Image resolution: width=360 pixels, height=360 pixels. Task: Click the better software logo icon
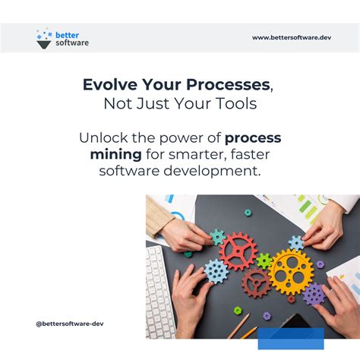pyautogui.click(x=44, y=38)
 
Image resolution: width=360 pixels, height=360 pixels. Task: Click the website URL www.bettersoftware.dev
pyautogui.click(x=292, y=37)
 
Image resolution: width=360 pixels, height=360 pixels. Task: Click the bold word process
pyautogui.click(x=253, y=138)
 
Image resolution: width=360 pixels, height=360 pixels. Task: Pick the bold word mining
pyautogui.click(x=115, y=155)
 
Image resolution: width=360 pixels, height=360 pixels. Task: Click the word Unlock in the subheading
pyautogui.click(x=102, y=138)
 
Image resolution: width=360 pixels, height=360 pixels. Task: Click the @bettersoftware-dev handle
pyautogui.click(x=70, y=324)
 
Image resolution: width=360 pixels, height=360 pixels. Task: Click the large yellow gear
pyautogui.click(x=290, y=270)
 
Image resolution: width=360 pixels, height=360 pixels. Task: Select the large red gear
pyautogui.click(x=238, y=251)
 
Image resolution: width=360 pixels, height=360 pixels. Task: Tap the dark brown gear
pyautogui.click(x=256, y=283)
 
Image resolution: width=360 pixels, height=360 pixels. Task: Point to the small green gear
pyautogui.click(x=264, y=261)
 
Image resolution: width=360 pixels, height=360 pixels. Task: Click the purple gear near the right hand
pyautogui.click(x=313, y=294)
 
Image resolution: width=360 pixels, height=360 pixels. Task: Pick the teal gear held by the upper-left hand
pyautogui.click(x=218, y=236)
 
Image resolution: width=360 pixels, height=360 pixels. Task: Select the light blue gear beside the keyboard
pyautogui.click(x=216, y=271)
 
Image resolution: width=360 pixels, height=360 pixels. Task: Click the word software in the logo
pyautogui.click(x=72, y=43)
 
